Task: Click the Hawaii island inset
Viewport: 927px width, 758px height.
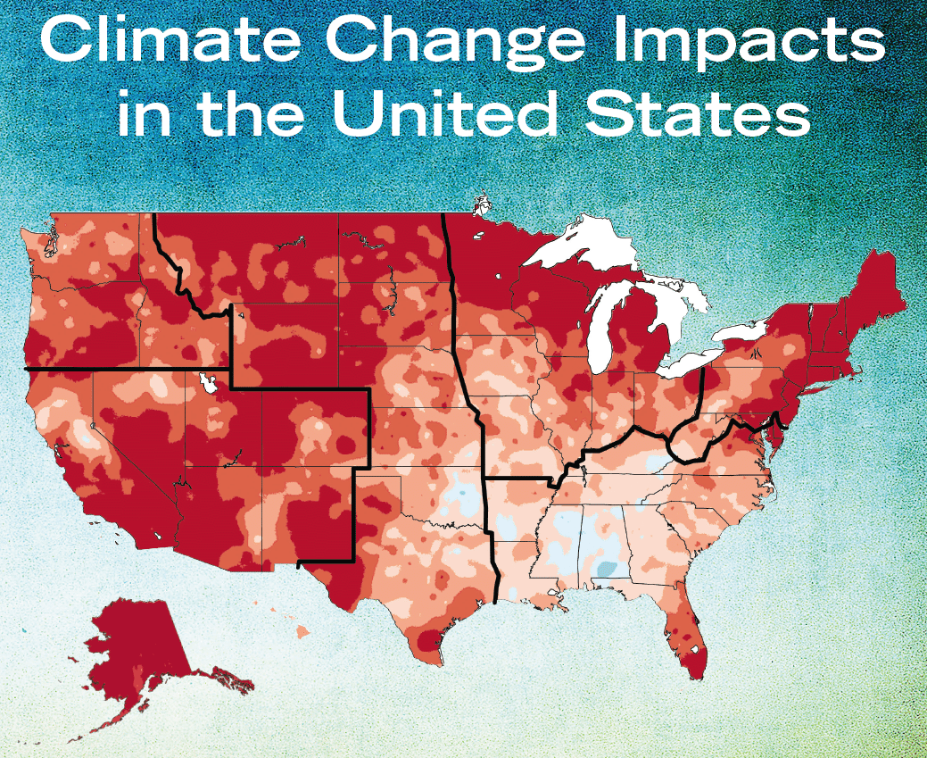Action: pyautogui.click(x=302, y=631)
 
